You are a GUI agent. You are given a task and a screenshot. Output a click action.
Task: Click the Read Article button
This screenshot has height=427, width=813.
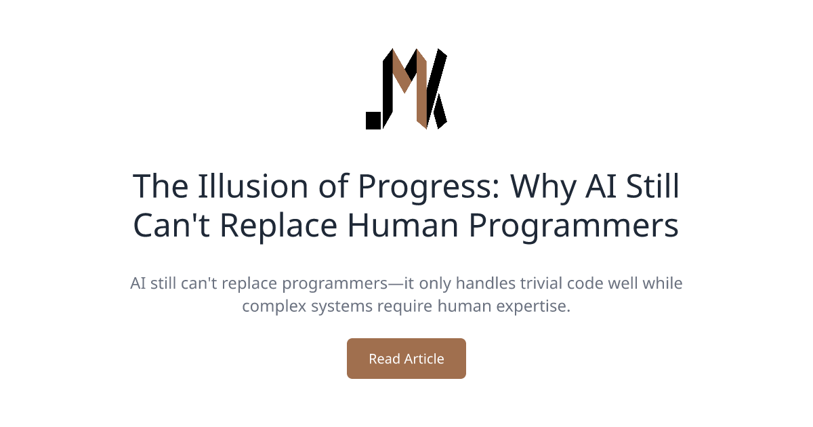pyautogui.click(x=406, y=359)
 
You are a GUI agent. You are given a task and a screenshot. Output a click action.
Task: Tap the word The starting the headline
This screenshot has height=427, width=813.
pyautogui.click(x=160, y=186)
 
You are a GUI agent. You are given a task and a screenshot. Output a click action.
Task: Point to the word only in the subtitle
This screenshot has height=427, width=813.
pyautogui.click(x=416, y=283)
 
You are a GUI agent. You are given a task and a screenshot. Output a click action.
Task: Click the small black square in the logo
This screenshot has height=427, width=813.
pyautogui.click(x=373, y=121)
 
